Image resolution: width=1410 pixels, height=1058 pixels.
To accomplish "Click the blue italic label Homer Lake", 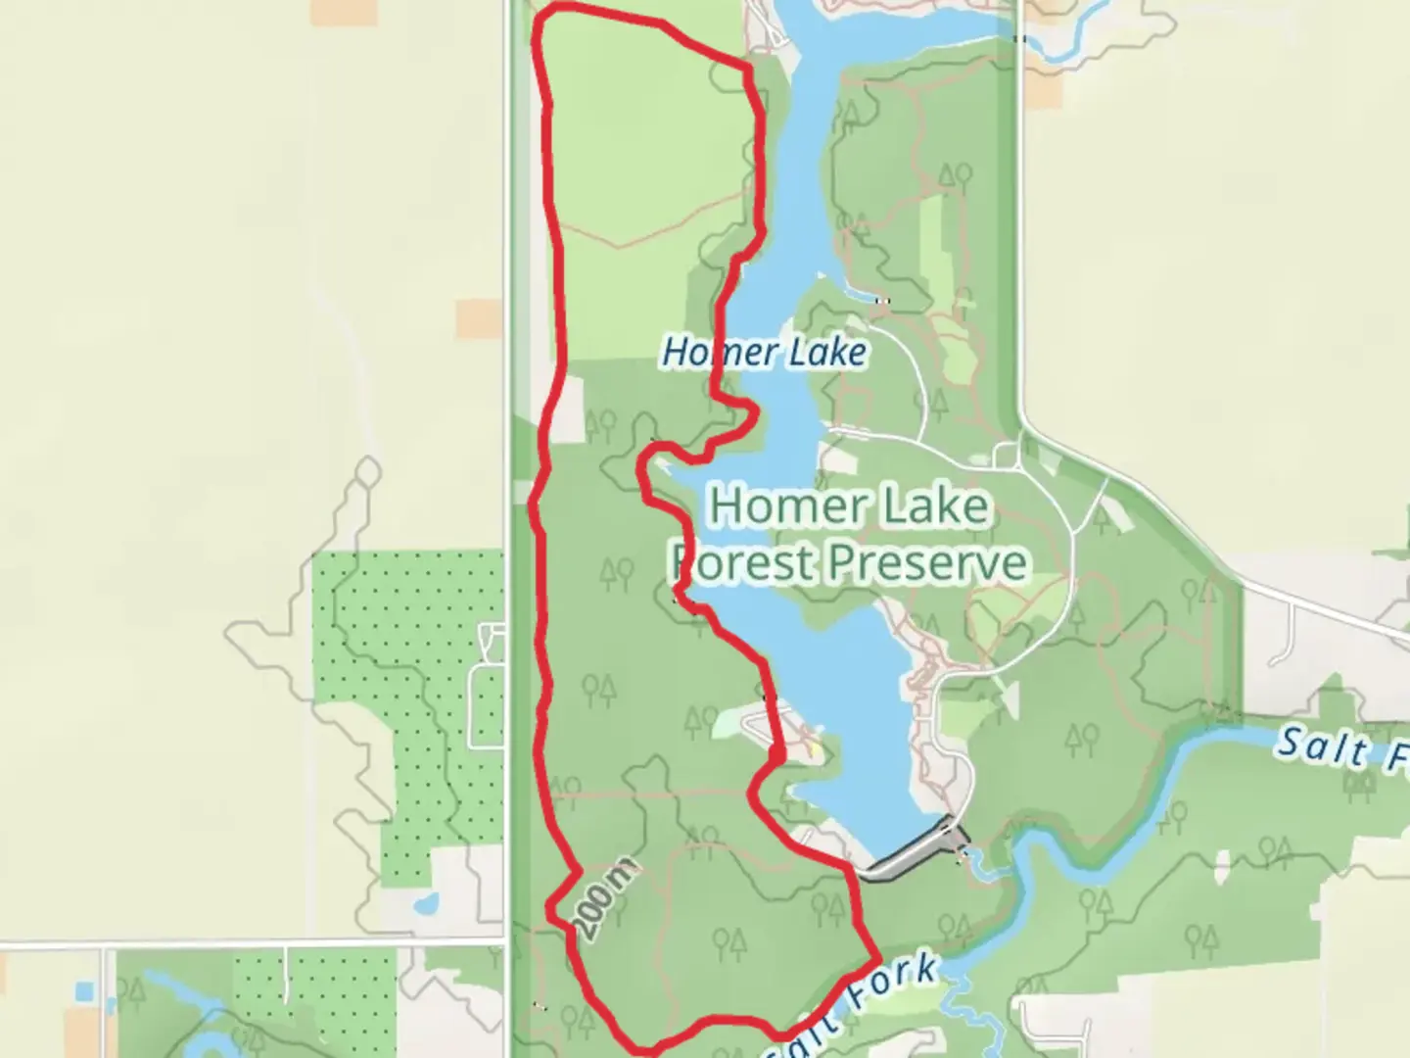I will [764, 353].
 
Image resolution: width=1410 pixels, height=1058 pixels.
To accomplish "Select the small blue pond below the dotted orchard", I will [426, 903].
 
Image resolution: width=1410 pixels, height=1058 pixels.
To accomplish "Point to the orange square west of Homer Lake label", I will [479, 320].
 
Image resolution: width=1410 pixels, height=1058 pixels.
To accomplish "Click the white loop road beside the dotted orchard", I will [487, 703].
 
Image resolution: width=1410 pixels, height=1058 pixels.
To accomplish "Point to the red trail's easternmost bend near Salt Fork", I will [876, 953].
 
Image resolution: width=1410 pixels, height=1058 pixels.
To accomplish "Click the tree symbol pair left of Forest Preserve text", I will [617, 572].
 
